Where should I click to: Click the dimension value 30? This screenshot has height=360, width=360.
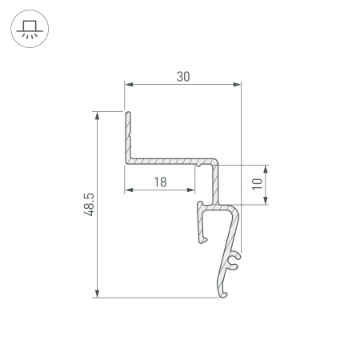point(183,76)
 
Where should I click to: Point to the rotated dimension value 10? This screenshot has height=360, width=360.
point(257,185)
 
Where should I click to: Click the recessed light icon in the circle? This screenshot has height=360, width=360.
point(30,30)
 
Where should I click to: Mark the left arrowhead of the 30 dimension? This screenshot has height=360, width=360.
point(129,84)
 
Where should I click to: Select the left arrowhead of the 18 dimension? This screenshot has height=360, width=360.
point(129,190)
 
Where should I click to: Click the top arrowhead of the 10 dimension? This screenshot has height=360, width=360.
point(266,169)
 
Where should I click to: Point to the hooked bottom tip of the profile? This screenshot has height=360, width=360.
point(222,291)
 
